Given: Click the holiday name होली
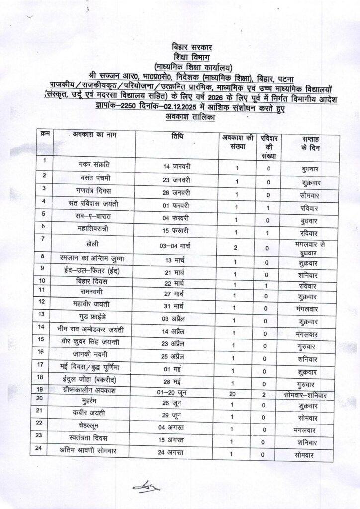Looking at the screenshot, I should click(94, 242).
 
